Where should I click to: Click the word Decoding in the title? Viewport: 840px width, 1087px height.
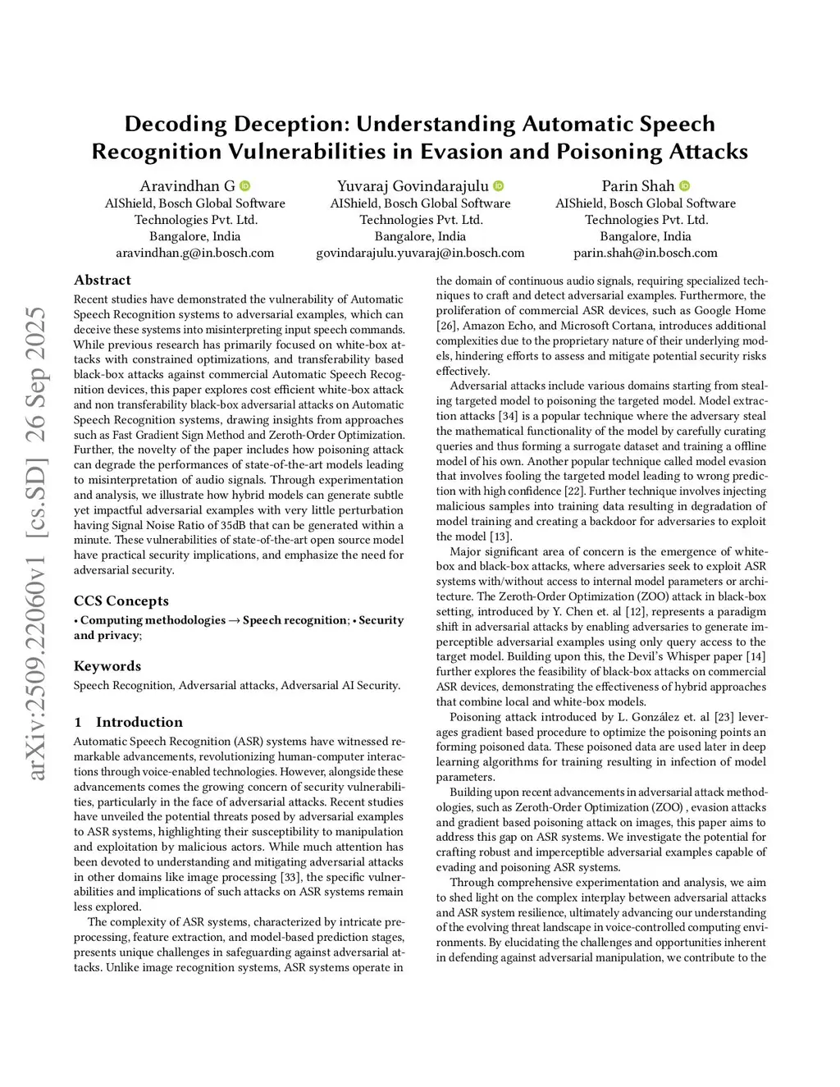tap(176, 124)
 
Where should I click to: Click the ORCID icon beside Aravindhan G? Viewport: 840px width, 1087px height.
tap(244, 186)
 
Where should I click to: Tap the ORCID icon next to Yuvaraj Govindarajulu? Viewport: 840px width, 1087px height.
tap(499, 186)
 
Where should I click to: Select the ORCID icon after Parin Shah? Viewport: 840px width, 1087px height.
tap(685, 186)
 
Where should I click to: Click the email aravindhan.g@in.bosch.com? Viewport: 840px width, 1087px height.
tap(194, 253)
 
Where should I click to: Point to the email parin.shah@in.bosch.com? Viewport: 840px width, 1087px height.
tap(646, 253)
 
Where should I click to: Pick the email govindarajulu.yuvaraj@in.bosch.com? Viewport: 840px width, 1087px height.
tap(420, 253)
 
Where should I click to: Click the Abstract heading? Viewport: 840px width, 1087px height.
tap(103, 280)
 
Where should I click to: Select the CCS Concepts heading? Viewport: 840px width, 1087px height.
tap(121, 601)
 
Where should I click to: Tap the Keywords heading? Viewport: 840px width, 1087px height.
tap(107, 666)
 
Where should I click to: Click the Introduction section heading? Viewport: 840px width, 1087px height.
tap(139, 722)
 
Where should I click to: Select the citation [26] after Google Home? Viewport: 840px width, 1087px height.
tap(446, 326)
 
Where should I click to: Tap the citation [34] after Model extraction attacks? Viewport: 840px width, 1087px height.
tap(508, 416)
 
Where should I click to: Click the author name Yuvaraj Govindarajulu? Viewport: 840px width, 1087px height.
tap(413, 186)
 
